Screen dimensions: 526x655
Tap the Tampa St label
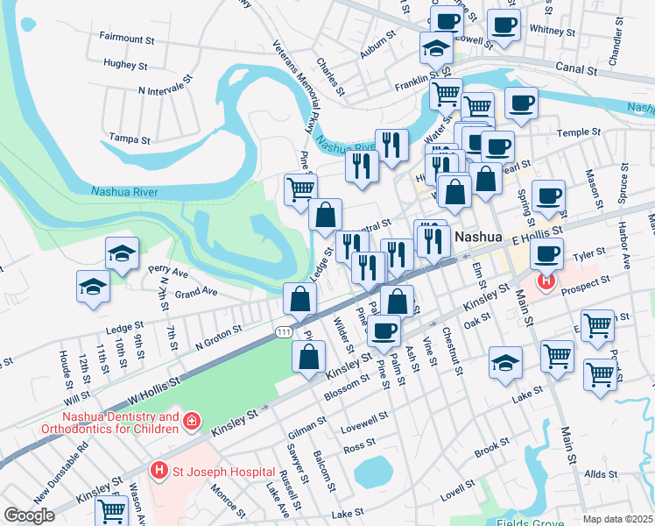point(130,139)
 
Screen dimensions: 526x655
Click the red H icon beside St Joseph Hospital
point(158,471)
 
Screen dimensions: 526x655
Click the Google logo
point(30,515)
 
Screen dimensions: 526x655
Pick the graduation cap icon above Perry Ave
point(122,253)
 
